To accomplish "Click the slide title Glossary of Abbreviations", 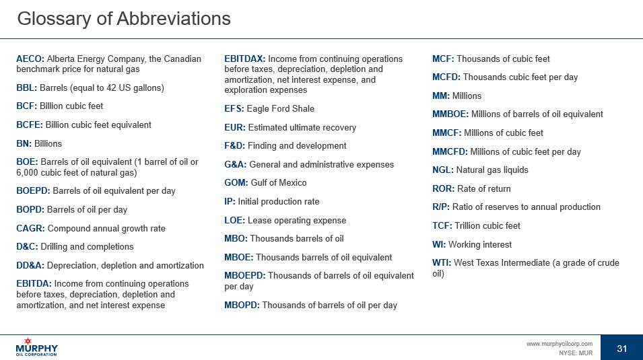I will pyautogui.click(x=123, y=18).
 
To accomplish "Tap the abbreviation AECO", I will pyautogui.click(x=30, y=59).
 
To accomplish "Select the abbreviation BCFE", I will pyautogui.click(x=29, y=124).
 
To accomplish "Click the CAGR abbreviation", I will pyautogui.click(x=30, y=228).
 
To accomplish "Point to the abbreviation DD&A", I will pyautogui.click(x=30, y=265).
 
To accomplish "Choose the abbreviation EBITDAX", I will pyautogui.click(x=244, y=59).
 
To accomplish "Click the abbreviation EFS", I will pyautogui.click(x=234, y=108).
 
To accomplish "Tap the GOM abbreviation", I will pyautogui.click(x=236, y=182).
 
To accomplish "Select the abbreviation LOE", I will pyautogui.click(x=234, y=220).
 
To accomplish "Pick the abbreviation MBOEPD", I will pyautogui.click(x=244, y=275).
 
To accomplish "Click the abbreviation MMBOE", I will pyautogui.click(x=450, y=114).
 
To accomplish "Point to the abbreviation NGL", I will pyautogui.click(x=442, y=170).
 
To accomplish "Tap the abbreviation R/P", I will pyautogui.click(x=440, y=207).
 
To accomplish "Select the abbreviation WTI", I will pyautogui.click(x=442, y=262).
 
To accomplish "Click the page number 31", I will pyautogui.click(x=621, y=348).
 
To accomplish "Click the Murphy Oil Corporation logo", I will pyautogui.click(x=37, y=347).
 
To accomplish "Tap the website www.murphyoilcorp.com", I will pyautogui.click(x=559, y=344).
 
